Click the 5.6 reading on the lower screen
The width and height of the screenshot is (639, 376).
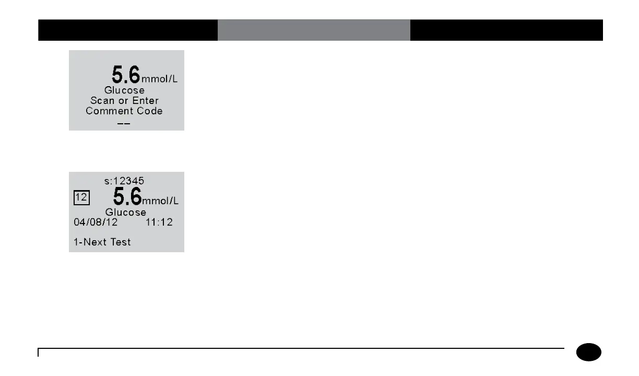click(127, 197)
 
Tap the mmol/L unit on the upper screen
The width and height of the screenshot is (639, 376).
click(159, 80)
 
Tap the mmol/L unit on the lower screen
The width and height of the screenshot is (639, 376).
click(161, 202)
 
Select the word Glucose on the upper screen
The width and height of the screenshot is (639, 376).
click(124, 90)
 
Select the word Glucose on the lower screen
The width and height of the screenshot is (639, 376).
click(126, 213)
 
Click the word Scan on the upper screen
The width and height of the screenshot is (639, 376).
click(102, 100)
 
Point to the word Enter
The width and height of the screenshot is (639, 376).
click(145, 100)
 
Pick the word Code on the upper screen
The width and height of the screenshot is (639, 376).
click(149, 111)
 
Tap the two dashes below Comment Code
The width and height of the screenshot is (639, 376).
click(124, 123)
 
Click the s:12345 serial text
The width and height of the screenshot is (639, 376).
click(124, 181)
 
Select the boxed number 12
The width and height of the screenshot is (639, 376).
click(81, 197)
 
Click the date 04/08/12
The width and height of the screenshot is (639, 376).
click(95, 222)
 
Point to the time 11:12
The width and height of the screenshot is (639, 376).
click(159, 222)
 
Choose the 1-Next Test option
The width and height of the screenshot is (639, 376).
click(101, 242)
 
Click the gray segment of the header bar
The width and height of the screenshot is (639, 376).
click(314, 30)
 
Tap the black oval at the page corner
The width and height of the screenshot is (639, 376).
click(589, 352)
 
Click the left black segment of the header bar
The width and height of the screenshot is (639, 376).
click(128, 30)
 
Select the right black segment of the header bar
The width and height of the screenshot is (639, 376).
click(506, 30)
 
